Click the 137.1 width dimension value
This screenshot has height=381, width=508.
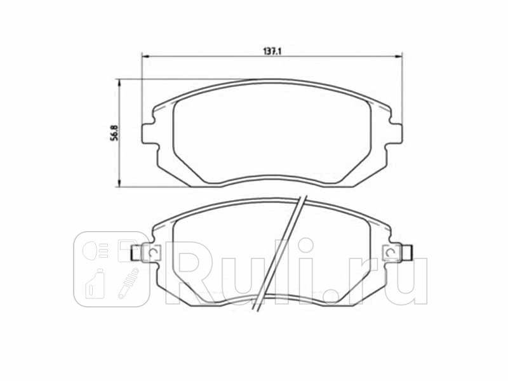[x=272, y=50]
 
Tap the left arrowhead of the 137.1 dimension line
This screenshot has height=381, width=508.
[x=143, y=56]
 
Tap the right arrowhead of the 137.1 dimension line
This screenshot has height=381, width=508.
[x=400, y=56]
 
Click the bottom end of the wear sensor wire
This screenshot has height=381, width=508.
[x=257, y=310]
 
